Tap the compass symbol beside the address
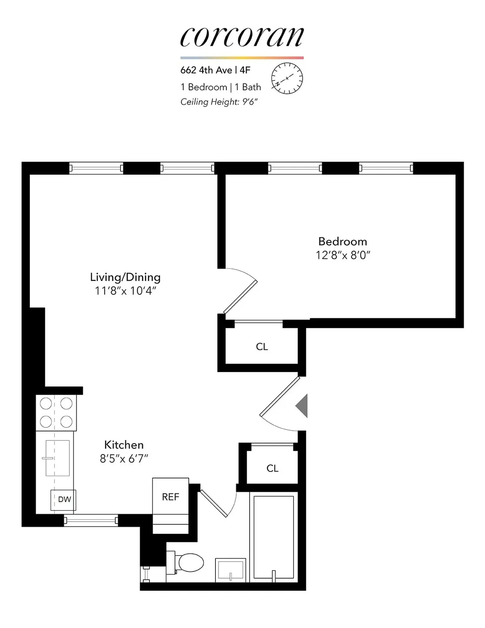(287, 78)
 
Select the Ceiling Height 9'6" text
(219, 102)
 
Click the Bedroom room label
(342, 241)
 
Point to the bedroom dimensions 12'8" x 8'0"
(343, 256)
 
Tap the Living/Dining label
(125, 277)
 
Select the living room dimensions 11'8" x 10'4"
(125, 291)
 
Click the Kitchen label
(124, 445)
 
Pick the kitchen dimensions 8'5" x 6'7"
(124, 459)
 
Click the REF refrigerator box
(170, 497)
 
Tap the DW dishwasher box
(64, 499)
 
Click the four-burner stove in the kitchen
(56, 412)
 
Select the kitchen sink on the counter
(57, 458)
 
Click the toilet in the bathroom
(188, 562)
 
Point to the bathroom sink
(230, 570)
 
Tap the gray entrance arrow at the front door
(302, 406)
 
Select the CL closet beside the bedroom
(261, 347)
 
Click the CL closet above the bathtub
(272, 468)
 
